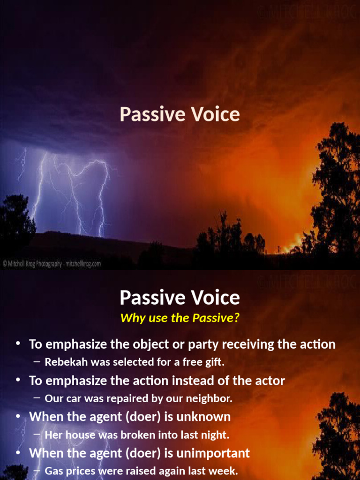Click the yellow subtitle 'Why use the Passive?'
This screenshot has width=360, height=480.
click(x=180, y=318)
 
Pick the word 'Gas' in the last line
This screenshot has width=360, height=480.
click(x=53, y=471)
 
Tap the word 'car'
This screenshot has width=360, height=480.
click(x=73, y=398)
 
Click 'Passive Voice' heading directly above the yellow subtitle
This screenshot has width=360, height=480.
click(x=180, y=298)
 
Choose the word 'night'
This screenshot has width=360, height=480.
click(x=215, y=435)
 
